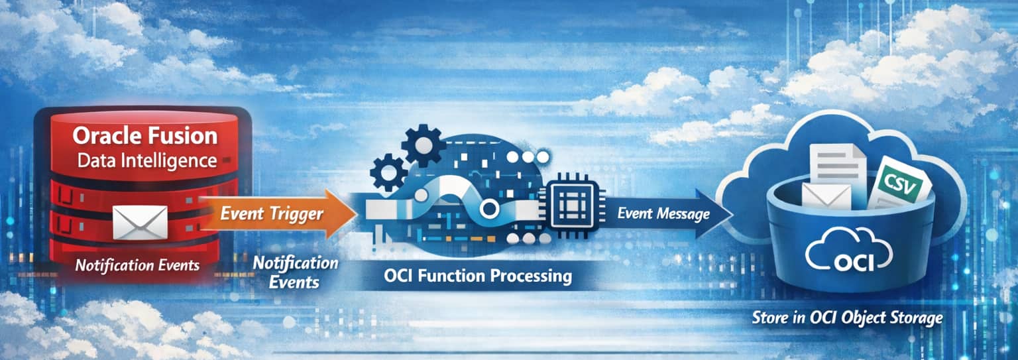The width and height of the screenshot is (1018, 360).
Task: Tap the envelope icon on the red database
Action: click(140, 222)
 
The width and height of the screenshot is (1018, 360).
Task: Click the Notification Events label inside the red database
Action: click(137, 265)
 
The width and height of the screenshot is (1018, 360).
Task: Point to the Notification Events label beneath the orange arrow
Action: click(296, 272)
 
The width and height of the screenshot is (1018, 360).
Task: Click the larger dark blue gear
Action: click(424, 145)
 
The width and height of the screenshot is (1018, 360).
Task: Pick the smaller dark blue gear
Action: click(388, 172)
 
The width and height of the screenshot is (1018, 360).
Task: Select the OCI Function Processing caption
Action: click(477, 276)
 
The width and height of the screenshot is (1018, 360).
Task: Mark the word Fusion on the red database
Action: click(184, 136)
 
